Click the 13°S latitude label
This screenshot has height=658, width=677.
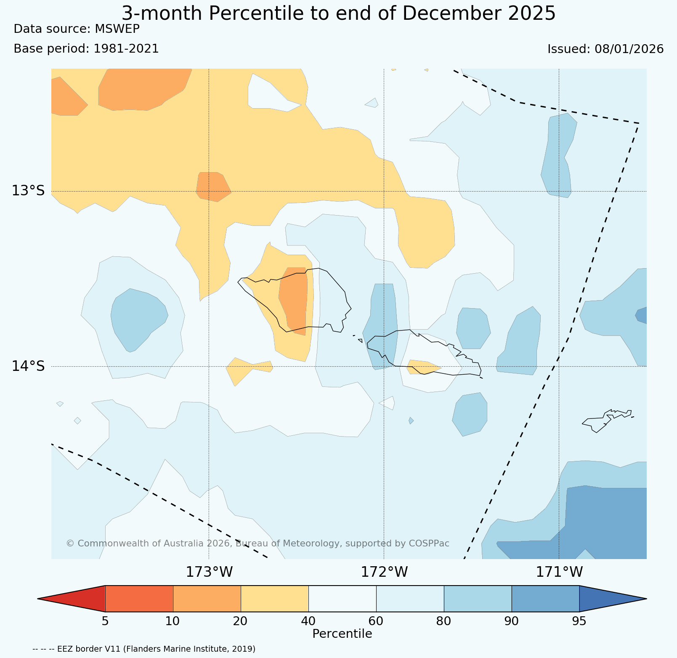point(28,191)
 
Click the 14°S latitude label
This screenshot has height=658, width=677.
point(28,366)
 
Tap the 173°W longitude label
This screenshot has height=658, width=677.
point(209,572)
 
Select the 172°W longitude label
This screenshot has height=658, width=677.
point(384,572)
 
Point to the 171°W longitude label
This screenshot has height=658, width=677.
point(559,572)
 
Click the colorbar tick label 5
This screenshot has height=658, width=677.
point(105,621)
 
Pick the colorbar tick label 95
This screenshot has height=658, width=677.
point(579,621)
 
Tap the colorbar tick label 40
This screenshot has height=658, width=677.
point(308,621)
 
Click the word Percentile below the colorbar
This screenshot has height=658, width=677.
point(342,634)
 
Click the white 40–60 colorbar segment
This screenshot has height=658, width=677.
point(342,598)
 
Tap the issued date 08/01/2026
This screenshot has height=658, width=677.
point(629,49)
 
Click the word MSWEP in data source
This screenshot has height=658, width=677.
point(117,29)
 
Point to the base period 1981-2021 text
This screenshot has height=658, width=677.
point(126,49)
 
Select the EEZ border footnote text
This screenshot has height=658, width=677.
point(144,649)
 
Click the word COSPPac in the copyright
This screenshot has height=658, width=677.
point(429,543)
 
